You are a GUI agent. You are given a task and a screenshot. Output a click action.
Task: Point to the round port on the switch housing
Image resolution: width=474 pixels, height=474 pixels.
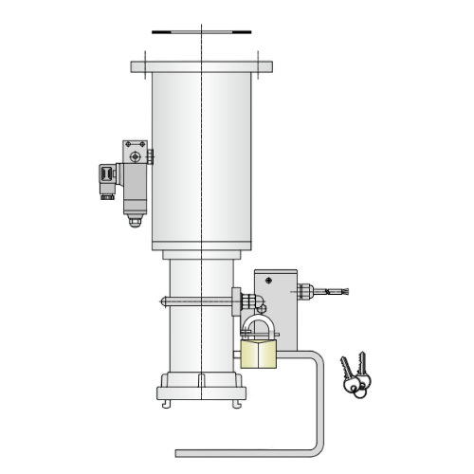tap(137, 155)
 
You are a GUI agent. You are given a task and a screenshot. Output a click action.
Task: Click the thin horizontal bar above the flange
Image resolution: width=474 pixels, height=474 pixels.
tap(203, 32)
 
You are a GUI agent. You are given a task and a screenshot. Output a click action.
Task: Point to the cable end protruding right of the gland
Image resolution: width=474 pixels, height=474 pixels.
tap(337, 290)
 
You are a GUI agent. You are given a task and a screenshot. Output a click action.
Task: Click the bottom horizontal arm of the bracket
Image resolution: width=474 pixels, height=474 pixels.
tap(246, 449)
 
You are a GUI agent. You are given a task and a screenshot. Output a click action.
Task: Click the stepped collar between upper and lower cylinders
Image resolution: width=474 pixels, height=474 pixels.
tap(203, 254)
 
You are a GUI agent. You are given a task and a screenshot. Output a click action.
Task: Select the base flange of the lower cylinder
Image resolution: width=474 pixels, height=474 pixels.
tap(203, 388)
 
